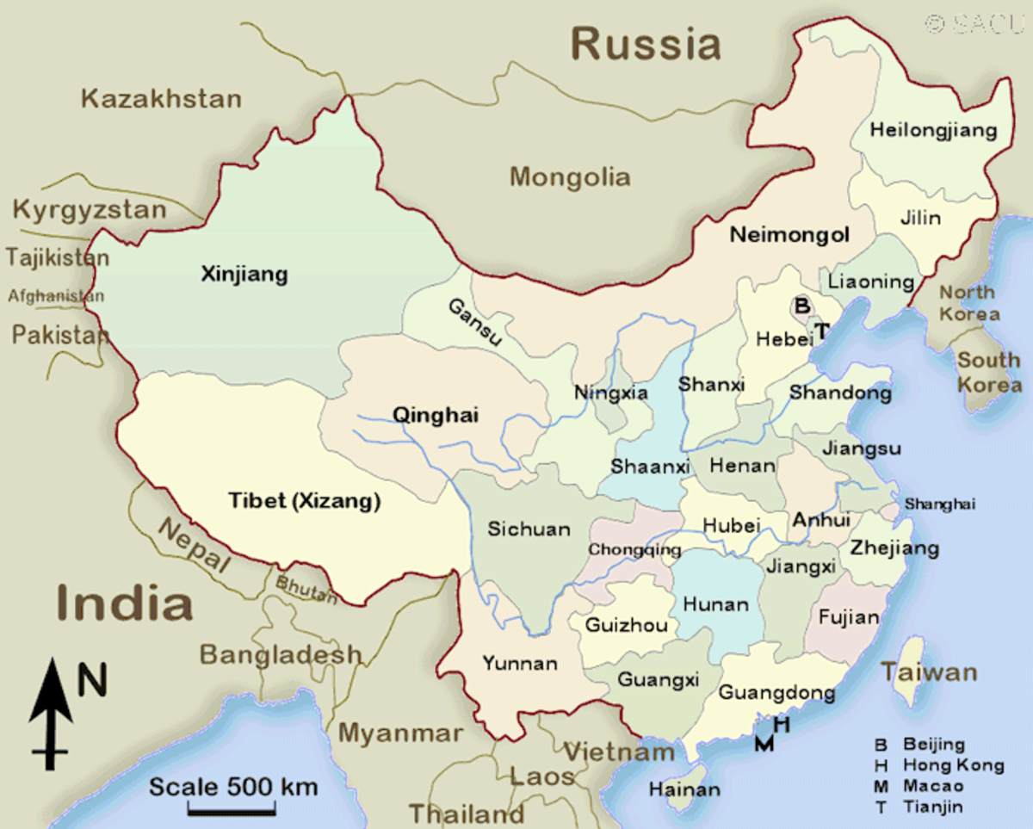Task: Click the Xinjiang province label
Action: pos(244,275)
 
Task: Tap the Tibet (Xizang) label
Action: pos(305,502)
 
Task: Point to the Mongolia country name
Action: pos(570,177)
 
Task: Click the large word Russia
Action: pos(646,44)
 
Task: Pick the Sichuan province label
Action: pos(529,529)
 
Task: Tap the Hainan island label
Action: pos(684,789)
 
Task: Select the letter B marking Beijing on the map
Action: pos(801,306)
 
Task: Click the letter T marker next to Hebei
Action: pos(822,331)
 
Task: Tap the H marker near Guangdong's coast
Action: pos(782,725)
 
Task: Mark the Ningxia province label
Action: pos(611,393)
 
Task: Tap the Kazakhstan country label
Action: pos(161,99)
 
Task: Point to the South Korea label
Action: pos(990,372)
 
